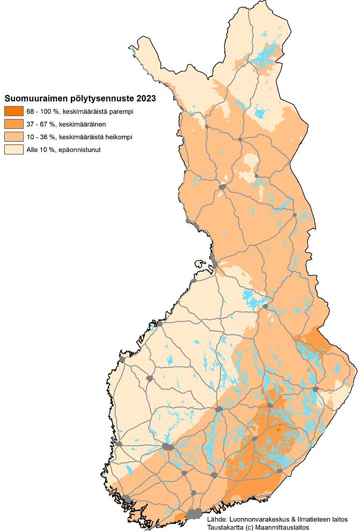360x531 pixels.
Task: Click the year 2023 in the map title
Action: pyautogui.click(x=146, y=98)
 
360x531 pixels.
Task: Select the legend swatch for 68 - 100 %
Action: pyautogui.click(x=13, y=111)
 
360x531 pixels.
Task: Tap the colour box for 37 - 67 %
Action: pyautogui.click(x=13, y=124)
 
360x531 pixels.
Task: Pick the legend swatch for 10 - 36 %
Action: pyautogui.click(x=13, y=137)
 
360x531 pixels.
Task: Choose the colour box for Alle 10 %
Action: pyautogui.click(x=13, y=150)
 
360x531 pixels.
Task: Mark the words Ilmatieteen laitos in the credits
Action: pyautogui.click(x=321, y=520)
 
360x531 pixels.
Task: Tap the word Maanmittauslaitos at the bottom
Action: pyautogui.click(x=285, y=527)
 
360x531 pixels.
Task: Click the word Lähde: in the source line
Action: pyautogui.click(x=217, y=520)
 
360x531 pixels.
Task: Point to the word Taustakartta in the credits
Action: pyautogui.click(x=225, y=527)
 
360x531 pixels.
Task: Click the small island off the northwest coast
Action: pyautogui.click(x=200, y=264)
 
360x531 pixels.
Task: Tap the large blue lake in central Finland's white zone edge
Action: pyautogui.click(x=249, y=297)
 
